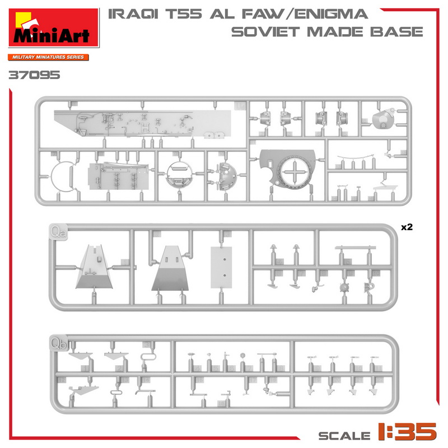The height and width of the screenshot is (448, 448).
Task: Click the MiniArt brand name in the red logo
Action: point(52,36)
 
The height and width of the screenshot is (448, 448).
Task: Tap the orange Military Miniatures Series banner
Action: point(48,57)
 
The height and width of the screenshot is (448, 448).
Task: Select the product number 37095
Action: point(34,75)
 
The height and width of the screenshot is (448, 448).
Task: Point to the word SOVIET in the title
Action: point(265,32)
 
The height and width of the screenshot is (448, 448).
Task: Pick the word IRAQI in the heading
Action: point(133,15)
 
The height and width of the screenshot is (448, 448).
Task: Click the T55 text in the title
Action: point(184,14)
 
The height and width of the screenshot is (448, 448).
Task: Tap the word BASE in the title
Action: point(396,32)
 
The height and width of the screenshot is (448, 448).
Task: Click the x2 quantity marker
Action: point(407,227)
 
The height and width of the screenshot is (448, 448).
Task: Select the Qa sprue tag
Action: point(59,232)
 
